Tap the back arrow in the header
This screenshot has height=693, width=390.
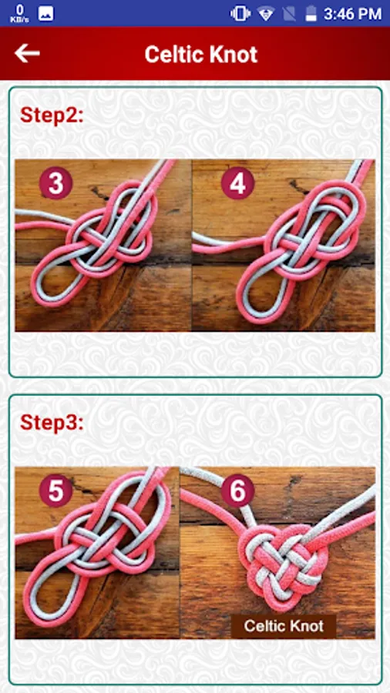tap(27, 53)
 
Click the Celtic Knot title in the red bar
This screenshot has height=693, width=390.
tap(200, 55)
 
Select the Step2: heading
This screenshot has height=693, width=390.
tap(52, 115)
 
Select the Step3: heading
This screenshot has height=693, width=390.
tap(52, 423)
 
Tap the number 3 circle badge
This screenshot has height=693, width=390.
tap(55, 183)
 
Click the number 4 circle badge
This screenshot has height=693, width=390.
tap(237, 183)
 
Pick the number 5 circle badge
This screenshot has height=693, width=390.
tap(55, 490)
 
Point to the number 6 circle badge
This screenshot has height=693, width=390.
tap(237, 490)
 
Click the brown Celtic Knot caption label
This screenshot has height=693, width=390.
tap(284, 626)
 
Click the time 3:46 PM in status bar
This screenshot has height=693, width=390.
tap(352, 14)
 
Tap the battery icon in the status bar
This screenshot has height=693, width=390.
tap(311, 14)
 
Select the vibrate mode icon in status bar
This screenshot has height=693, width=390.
tap(240, 14)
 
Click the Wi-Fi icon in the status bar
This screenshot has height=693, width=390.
tap(266, 14)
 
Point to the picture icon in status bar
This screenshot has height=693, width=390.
tap(46, 14)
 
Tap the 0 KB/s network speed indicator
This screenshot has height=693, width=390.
tap(19, 14)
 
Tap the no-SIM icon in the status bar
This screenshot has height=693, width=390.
tap(289, 14)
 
